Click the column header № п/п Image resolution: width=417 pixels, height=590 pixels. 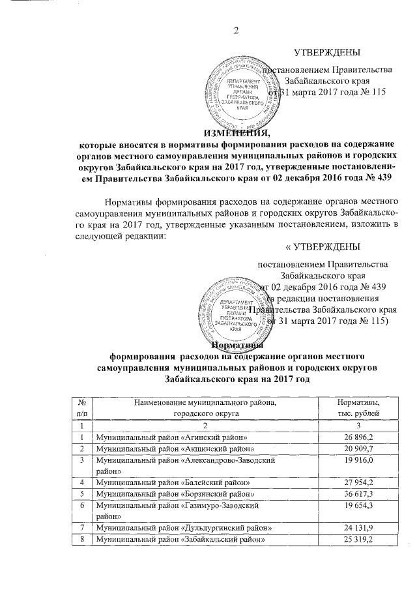click(81, 407)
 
